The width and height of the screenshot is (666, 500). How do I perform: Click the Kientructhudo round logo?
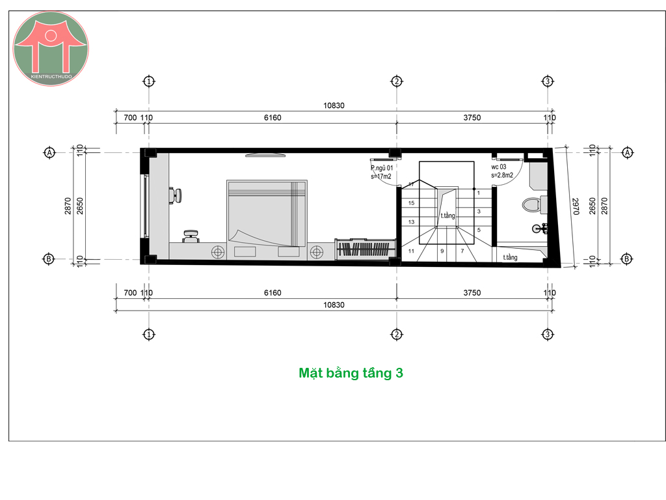51,49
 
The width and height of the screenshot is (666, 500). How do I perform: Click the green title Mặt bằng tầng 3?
351,373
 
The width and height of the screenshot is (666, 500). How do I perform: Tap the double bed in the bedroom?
267,214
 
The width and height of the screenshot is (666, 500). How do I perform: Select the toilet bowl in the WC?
530,205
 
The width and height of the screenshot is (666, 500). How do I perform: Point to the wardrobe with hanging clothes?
366,249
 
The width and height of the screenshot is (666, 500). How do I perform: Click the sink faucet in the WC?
540,229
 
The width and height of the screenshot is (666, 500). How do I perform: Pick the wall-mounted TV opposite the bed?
265,155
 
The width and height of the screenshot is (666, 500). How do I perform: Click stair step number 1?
479,193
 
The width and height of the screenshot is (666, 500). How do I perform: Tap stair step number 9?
442,251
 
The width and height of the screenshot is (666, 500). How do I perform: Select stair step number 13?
411,222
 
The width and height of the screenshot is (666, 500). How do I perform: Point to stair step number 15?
411,203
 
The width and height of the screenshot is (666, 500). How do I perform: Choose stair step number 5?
479,230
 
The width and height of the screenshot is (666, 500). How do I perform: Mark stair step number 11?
411,251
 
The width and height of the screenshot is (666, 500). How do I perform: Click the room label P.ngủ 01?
382,168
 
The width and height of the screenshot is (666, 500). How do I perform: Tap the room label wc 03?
499,167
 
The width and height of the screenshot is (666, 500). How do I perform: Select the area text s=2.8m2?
502,175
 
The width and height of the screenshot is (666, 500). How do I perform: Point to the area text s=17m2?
381,176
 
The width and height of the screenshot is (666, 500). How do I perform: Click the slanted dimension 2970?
576,206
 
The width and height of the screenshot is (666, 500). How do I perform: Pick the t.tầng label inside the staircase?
447,215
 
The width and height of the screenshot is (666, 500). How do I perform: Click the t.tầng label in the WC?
510,257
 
